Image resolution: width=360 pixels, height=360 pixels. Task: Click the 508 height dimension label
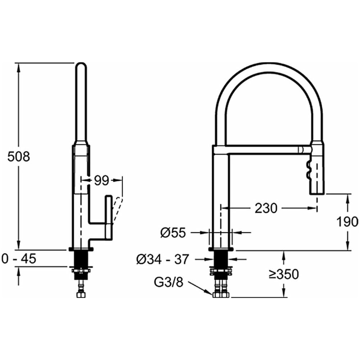tap(19, 157)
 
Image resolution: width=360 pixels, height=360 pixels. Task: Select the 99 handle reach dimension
tap(102, 181)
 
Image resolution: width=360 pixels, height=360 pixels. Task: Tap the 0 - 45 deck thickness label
tap(19, 259)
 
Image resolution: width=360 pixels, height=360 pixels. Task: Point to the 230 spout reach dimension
tap(266, 208)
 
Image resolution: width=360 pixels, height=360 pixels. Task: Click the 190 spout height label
tap(347, 222)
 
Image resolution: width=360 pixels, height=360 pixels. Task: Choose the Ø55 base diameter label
tap(173, 233)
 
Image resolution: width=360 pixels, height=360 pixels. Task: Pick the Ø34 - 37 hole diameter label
tap(162, 260)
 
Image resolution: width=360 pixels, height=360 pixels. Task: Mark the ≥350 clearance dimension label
tap(284, 274)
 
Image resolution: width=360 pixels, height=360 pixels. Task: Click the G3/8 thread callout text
tap(168, 282)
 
